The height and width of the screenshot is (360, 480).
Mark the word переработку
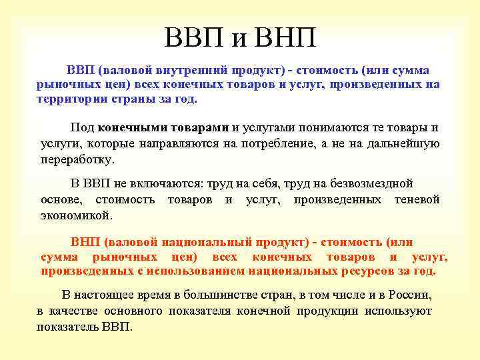77,160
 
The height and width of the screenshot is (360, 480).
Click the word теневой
417,199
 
